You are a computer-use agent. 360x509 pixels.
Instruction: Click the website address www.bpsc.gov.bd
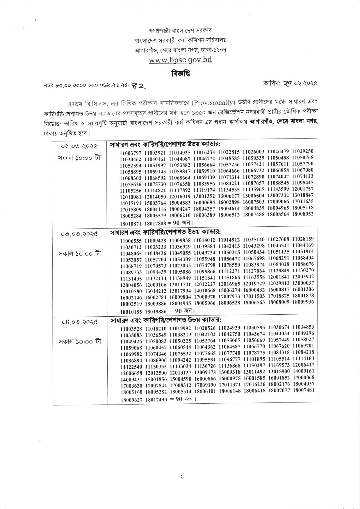coord(180,60)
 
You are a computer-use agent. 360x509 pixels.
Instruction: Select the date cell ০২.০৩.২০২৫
coord(79,146)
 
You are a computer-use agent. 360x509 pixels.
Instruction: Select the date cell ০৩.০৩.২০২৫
coord(79,234)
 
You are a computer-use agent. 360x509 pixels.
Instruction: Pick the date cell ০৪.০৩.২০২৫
coord(80,322)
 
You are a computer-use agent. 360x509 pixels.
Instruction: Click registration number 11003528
coord(131,329)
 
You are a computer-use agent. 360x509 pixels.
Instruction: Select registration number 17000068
coord(303,377)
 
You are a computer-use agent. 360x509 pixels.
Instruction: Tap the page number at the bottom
coord(182,477)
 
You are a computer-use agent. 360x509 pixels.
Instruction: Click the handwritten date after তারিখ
coord(297,83)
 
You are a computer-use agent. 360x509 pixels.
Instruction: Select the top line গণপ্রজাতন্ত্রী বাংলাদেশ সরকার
coord(180,30)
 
